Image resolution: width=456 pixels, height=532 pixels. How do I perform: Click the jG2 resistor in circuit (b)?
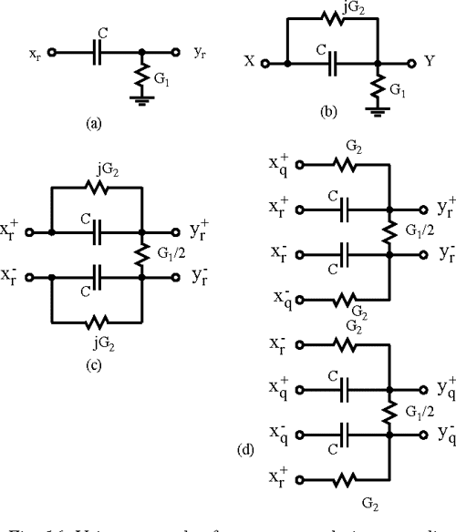tap(332, 24)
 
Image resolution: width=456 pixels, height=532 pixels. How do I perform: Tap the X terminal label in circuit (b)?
tap(248, 65)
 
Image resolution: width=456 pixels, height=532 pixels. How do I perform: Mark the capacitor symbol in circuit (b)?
tap(332, 65)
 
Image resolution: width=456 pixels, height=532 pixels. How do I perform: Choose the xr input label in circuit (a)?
tap(33, 53)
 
